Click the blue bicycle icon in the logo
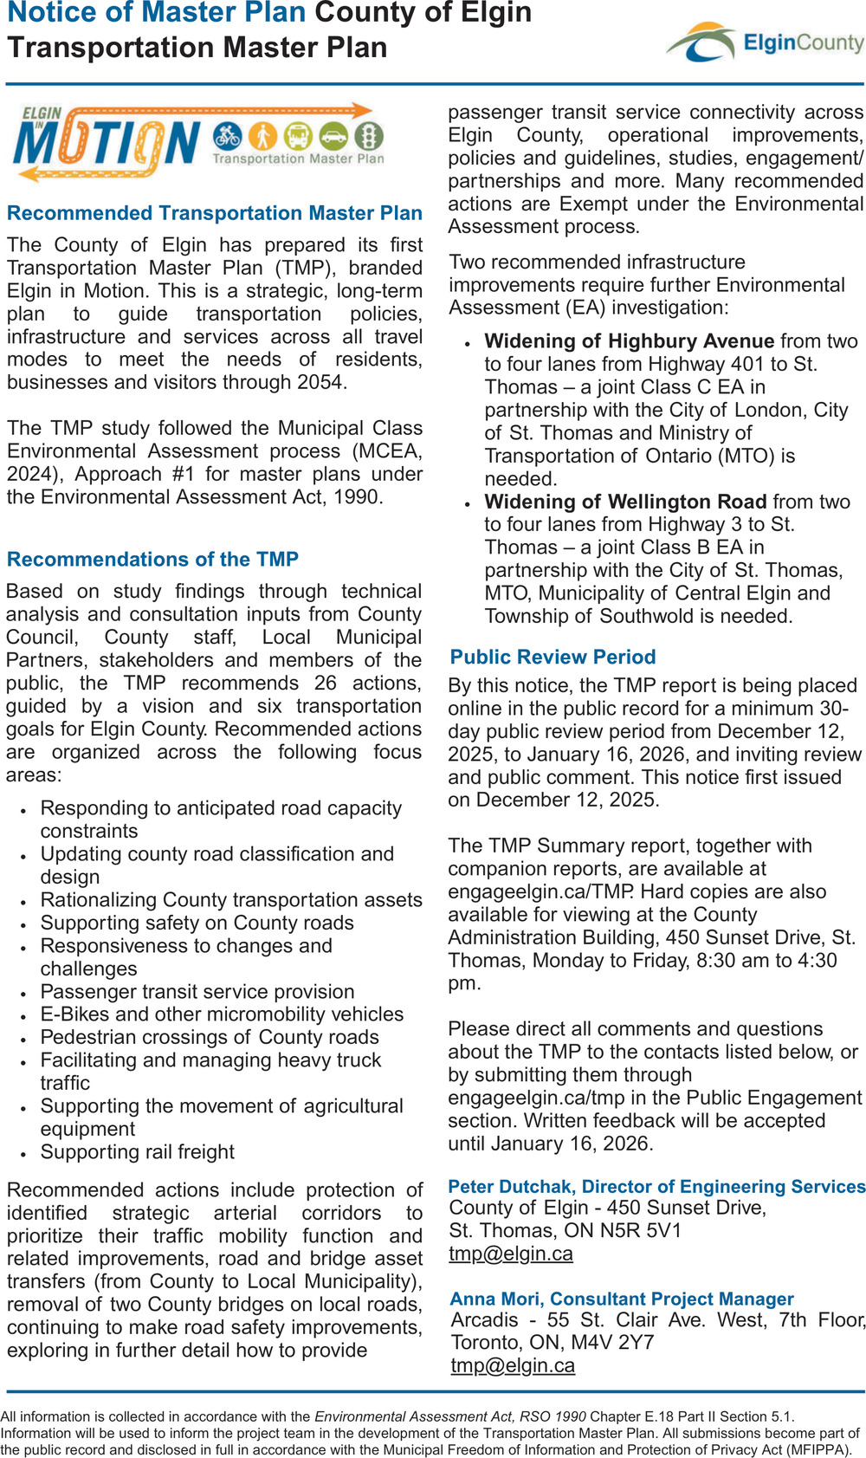[x=228, y=136]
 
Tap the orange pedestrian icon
[x=263, y=136]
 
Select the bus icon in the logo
[x=298, y=136]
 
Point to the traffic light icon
[x=370, y=136]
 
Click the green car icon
[x=333, y=136]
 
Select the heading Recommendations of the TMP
[x=152, y=560]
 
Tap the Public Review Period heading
[x=553, y=658]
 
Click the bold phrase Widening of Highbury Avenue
[x=629, y=341]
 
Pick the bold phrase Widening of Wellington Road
[x=625, y=502]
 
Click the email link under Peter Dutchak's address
[x=511, y=1254]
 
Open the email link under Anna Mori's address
[x=513, y=1366]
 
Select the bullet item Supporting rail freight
[x=138, y=1152]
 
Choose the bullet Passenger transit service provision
[x=197, y=992]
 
